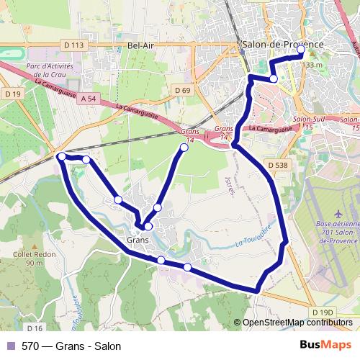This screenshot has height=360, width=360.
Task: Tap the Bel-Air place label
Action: [x=142, y=45]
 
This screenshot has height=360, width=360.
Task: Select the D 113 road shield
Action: [x=74, y=45]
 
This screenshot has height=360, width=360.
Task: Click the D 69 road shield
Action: [x=183, y=90]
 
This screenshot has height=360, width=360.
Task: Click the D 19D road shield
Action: [x=323, y=312]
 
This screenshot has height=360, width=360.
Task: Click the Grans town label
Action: [x=138, y=239]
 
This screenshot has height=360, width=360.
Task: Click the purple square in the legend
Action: [x=11, y=346]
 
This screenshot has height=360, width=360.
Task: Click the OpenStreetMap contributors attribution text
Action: [x=297, y=323]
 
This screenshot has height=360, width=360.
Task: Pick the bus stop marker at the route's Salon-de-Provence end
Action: [x=300, y=52]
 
